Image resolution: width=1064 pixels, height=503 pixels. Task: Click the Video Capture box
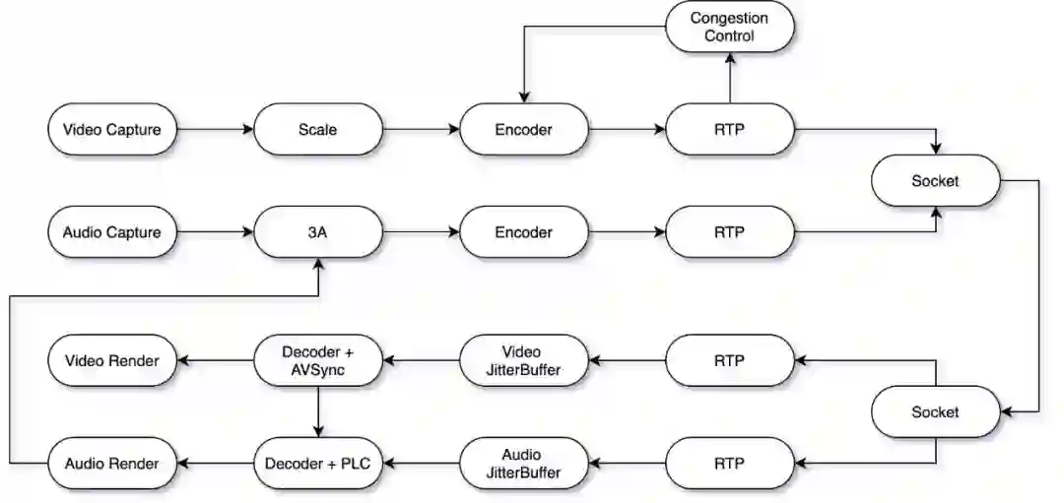pos(111,129)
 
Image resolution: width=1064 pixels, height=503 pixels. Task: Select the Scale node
pos(317,129)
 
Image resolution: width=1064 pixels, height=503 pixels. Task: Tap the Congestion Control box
pos(729,27)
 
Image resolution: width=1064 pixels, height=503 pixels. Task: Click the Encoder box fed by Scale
pos(523,129)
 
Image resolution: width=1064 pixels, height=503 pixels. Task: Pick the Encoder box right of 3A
pos(523,232)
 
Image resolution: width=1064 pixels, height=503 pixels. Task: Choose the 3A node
pos(317,232)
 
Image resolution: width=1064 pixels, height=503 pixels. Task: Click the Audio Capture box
pos(111,232)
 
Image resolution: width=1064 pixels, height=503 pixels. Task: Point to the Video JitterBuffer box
pos(523,359)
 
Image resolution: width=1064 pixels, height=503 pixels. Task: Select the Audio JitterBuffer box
pos(523,463)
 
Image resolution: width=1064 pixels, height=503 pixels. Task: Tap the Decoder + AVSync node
pos(317,359)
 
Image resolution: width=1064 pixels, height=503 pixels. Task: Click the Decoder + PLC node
pos(317,463)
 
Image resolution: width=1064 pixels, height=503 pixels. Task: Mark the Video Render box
pos(111,359)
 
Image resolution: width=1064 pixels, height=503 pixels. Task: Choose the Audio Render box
pos(111,463)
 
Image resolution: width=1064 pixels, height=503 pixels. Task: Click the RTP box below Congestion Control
pos(729,129)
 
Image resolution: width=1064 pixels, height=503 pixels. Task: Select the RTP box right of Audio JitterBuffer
pos(729,463)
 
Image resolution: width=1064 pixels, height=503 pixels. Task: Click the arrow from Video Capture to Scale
pos(214,129)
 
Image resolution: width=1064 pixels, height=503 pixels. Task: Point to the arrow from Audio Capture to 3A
pos(214,232)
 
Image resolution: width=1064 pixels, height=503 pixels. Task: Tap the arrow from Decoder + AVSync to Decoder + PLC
pos(317,410)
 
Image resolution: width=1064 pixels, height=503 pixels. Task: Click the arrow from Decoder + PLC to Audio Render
pos(214,463)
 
